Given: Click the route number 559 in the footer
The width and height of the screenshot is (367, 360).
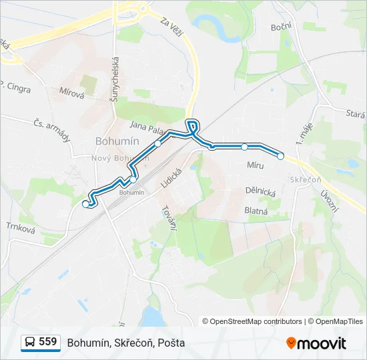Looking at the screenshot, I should tap(47, 342).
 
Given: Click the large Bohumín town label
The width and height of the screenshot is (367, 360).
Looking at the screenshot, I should tap(117, 141).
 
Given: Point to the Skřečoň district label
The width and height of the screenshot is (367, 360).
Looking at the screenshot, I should tap(306, 180).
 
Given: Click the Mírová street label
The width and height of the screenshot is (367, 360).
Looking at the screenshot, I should tap(71, 93).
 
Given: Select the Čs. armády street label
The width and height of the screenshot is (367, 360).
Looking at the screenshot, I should tap(51, 129).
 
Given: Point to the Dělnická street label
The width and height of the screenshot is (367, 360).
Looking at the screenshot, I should tap(260, 191).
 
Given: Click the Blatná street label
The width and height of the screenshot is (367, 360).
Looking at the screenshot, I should tap(256, 211).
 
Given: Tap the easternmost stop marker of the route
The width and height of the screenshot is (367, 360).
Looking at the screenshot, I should tap(281, 156).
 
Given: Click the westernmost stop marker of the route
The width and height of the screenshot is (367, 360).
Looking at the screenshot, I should tap(85, 205).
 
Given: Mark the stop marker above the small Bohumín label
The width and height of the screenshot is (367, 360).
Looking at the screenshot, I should tap(133, 179).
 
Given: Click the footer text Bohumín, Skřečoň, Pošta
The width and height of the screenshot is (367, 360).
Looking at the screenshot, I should tap(126, 343).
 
